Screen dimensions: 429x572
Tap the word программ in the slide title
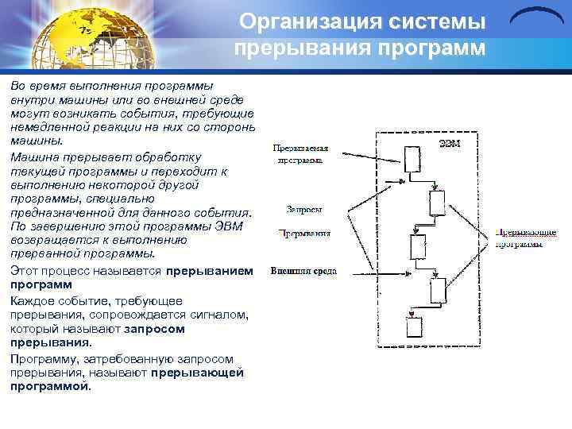click(434, 48)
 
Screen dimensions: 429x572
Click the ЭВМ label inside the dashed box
click(450, 143)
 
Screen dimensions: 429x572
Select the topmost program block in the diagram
click(412, 159)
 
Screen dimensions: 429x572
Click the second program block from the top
click(437, 203)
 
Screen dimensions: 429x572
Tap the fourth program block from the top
click(437, 292)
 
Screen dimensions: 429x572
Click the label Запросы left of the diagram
click(304, 211)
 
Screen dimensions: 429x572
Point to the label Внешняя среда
click(303, 271)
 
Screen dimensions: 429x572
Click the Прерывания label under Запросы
click(304, 234)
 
